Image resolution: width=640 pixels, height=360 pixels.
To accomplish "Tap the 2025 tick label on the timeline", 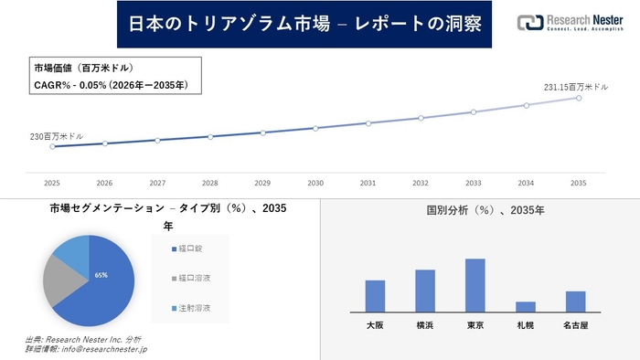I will pos(52,182).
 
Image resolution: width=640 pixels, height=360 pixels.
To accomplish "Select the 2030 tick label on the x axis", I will pos(315,182).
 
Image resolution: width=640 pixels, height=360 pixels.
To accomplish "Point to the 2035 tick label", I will pos(579,182).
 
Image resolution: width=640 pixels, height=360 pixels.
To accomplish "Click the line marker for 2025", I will pos(52,146).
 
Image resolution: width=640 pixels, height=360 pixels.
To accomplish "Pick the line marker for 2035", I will pos(579,97).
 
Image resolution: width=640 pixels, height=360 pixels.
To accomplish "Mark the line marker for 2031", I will pos(368,123).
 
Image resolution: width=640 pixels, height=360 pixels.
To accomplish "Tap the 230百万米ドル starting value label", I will pos(57,136).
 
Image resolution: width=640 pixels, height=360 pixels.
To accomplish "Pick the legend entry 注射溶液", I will pos(193,309).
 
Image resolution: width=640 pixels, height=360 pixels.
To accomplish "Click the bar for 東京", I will pos(475,285).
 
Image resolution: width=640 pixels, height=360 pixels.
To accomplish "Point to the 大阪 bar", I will pos(375,295).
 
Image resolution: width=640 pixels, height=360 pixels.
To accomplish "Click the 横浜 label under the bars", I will pos(425,325).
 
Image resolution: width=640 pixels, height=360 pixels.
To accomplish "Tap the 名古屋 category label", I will pos(575,325).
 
